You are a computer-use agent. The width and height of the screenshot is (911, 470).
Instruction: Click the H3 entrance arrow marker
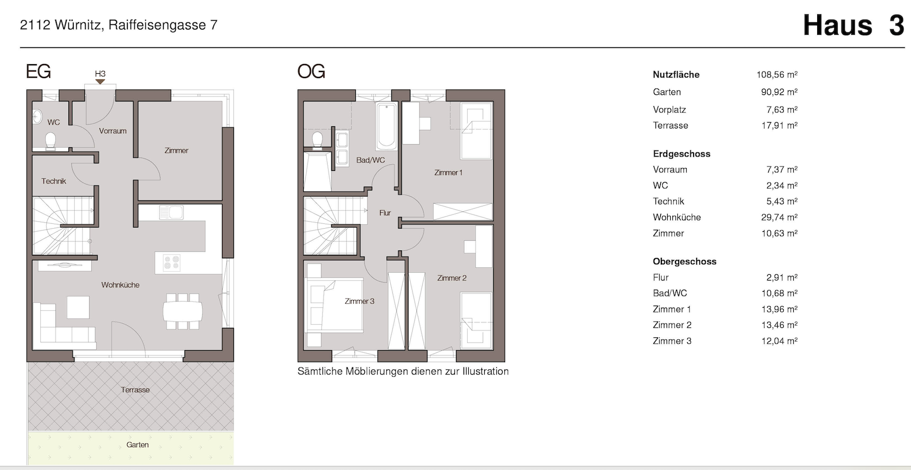100,82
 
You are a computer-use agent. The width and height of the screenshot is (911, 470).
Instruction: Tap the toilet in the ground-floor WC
50,142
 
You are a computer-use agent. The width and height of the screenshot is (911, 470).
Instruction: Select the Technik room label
54,181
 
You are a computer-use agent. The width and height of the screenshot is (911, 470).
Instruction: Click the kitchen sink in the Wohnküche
171,213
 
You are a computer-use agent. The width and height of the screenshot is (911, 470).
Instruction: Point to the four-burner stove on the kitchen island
172,262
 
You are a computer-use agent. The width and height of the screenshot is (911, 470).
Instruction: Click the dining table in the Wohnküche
182,311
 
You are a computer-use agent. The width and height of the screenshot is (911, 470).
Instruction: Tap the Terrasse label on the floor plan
135,390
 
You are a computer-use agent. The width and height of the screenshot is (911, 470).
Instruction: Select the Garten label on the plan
137,445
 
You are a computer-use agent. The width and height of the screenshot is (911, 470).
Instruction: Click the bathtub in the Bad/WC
387,126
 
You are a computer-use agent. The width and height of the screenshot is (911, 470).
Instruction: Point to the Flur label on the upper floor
385,213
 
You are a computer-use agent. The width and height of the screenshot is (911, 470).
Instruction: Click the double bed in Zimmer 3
334,305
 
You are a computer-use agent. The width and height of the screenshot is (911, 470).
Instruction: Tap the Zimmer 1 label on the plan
448,173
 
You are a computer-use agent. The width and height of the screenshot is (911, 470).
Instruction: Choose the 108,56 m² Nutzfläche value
777,75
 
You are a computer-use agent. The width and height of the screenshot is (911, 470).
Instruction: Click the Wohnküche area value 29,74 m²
779,217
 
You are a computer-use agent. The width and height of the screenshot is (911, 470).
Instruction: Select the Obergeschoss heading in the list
685,262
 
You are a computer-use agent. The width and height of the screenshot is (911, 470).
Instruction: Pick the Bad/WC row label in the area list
670,293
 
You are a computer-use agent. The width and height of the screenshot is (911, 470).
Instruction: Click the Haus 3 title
853,25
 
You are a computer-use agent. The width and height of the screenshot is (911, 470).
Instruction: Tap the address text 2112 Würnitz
60,25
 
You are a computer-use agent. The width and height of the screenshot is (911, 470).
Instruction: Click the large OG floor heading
311,71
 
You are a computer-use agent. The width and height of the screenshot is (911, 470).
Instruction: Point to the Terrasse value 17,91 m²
779,126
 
